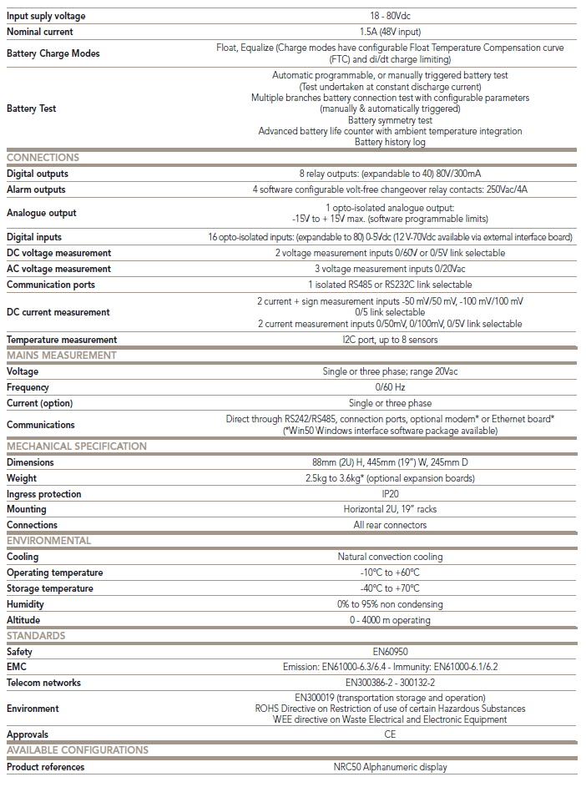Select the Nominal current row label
[40, 32]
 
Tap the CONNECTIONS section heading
[43, 158]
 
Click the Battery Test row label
[32, 108]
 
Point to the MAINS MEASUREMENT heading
[62, 356]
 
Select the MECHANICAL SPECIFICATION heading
[77, 446]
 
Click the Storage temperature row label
[49, 588]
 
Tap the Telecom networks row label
[44, 683]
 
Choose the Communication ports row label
[51, 285]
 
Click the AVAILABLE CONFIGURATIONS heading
[78, 750]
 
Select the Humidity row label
[26, 604]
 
